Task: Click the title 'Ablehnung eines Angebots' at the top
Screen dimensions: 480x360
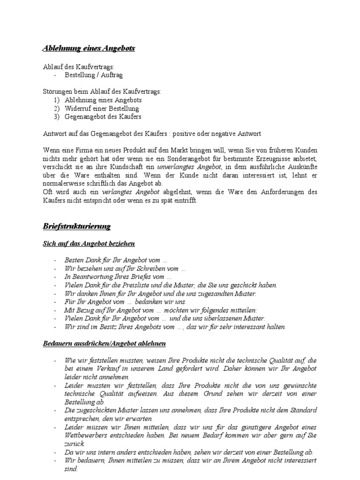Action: (x=89, y=48)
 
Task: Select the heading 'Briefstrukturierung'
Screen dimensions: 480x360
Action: (x=77, y=226)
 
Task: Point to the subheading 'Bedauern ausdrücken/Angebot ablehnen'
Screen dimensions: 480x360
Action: (x=104, y=344)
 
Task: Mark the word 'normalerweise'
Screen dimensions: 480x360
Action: (x=63, y=184)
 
